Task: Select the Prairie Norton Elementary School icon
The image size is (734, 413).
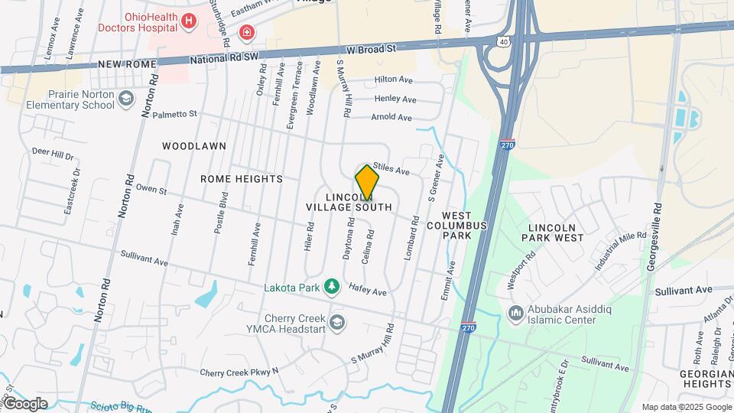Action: tap(128, 98)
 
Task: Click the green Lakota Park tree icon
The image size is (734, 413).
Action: tap(331, 286)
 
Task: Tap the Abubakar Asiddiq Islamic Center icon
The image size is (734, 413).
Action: tap(516, 314)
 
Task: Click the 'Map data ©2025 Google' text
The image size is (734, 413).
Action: tap(686, 407)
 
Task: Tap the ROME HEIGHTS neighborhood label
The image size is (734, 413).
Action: tap(242, 179)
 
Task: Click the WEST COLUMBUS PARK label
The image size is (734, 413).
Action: tap(456, 226)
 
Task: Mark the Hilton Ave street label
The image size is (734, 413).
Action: tap(393, 80)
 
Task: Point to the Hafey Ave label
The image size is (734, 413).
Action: tap(368, 291)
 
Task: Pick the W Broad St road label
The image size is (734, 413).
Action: tap(370, 49)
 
